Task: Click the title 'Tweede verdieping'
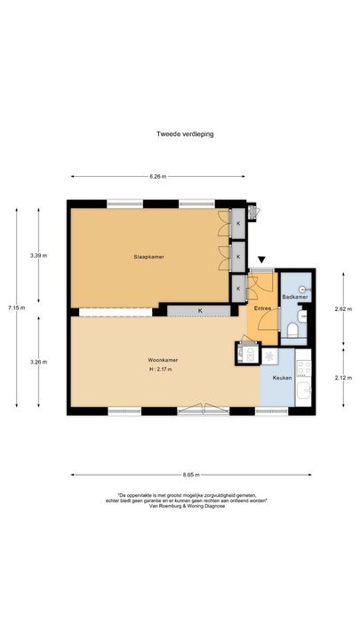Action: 180,134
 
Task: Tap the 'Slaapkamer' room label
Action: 149,257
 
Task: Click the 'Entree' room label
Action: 262,308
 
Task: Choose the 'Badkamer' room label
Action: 294,296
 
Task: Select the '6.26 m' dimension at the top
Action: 157,176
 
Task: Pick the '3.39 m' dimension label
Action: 38,256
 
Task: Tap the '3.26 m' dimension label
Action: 38,362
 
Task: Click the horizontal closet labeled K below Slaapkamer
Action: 200,310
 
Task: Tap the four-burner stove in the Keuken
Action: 304,366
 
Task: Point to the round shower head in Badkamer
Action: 304,289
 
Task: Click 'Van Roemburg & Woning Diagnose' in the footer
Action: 180,508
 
